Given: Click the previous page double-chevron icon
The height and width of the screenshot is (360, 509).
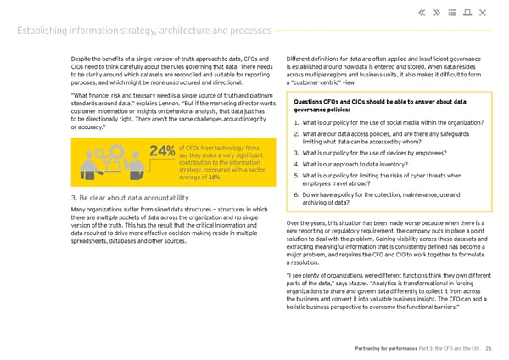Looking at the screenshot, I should click(x=424, y=12).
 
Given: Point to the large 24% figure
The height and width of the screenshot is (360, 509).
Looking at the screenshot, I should click(x=162, y=153).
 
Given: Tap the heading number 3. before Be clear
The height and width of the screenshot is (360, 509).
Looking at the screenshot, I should click(x=76, y=199).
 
